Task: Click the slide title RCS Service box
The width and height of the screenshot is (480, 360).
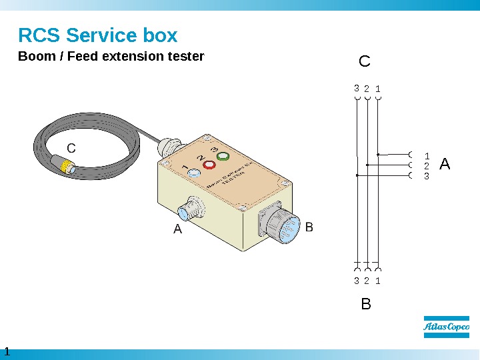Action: coord(97,35)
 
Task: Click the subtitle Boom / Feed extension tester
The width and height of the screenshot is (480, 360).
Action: coord(111,57)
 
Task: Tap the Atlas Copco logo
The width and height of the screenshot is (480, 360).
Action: coord(446,327)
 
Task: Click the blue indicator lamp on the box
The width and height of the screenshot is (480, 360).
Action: coord(195,173)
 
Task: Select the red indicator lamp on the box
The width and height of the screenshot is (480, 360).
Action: coord(209,164)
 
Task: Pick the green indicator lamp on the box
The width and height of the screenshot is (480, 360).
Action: coord(223,157)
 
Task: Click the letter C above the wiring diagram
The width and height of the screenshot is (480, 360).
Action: coord(364,62)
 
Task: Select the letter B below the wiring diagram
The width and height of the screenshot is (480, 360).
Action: coord(365,305)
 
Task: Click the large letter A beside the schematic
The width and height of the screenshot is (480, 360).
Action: coord(445,163)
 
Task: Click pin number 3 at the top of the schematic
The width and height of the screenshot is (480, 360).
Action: coord(357,88)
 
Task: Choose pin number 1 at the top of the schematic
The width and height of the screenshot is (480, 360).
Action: coord(377,88)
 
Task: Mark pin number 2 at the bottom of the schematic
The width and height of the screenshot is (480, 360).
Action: coord(367,281)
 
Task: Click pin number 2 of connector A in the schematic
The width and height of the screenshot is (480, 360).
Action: coord(427,166)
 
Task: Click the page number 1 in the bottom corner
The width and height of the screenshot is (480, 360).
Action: coord(7,351)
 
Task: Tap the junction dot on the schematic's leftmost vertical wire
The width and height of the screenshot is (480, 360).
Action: coord(357,175)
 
